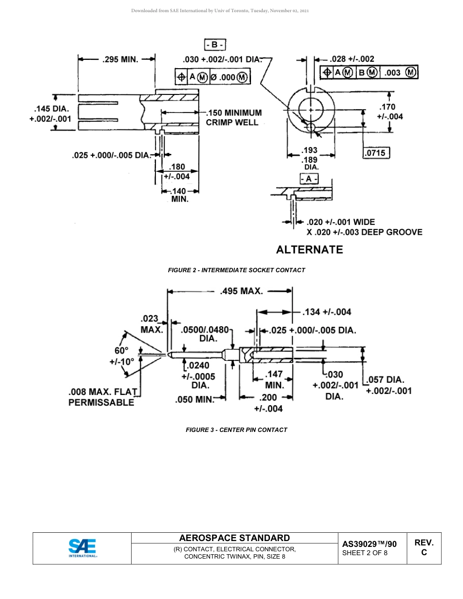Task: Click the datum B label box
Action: pyautogui.click(x=214, y=45)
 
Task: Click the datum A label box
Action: pyautogui.click(x=309, y=179)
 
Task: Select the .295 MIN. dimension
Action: pyautogui.click(x=120, y=59)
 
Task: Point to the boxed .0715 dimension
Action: pyautogui.click(x=375, y=153)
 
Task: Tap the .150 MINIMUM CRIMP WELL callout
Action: pyautogui.click(x=233, y=117)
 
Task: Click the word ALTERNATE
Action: pyautogui.click(x=309, y=250)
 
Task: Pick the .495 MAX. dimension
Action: pyautogui.click(x=241, y=291)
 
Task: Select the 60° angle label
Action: pyautogui.click(x=121, y=351)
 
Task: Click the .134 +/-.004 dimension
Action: pyautogui.click(x=327, y=312)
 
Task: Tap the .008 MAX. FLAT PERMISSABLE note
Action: pyautogui.click(x=102, y=397)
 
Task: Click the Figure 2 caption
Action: pyautogui.click(x=236, y=270)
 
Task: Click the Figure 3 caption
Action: pyautogui.click(x=236, y=430)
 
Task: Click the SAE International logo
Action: pyautogui.click(x=82, y=548)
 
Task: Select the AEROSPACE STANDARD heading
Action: pyautogui.click(x=234, y=538)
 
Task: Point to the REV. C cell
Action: pyautogui.click(x=424, y=548)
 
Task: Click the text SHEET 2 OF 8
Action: pyautogui.click(x=365, y=553)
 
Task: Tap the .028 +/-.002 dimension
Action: pyautogui.click(x=352, y=59)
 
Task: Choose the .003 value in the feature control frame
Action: pyautogui.click(x=392, y=73)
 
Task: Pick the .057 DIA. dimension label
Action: pyautogui.click(x=388, y=380)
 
